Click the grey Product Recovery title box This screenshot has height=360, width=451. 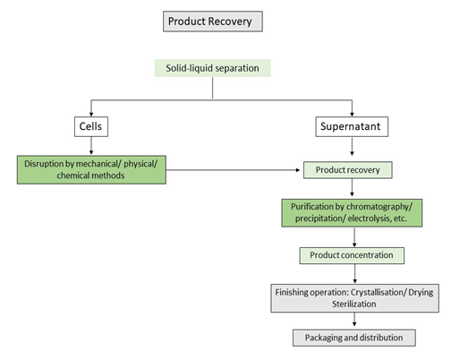pyautogui.click(x=213, y=21)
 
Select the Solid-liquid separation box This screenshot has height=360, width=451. pyautogui.click(x=212, y=68)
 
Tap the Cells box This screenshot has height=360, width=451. pyautogui.click(x=91, y=126)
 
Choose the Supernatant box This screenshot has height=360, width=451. pyautogui.click(x=352, y=126)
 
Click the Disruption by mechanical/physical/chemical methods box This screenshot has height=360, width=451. pyautogui.click(x=91, y=169)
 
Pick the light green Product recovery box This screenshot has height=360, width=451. pyautogui.click(x=348, y=170)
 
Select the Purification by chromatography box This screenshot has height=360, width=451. pyautogui.click(x=352, y=213)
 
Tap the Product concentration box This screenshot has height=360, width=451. pyautogui.click(x=352, y=255)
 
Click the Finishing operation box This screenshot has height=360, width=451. pyautogui.click(x=355, y=298)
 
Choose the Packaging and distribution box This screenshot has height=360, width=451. pyautogui.click(x=354, y=338)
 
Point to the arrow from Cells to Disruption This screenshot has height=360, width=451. pyautogui.click(x=91, y=146)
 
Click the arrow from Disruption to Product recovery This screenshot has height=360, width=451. pyautogui.click(x=233, y=170)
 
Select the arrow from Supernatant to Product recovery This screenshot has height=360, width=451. pyautogui.click(x=352, y=146)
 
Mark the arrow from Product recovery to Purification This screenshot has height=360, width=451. pyautogui.click(x=352, y=187)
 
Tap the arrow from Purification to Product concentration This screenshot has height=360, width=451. pyautogui.click(x=354, y=237)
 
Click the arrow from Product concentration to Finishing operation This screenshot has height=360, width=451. pyautogui.click(x=354, y=274)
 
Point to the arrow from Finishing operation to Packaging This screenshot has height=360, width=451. pyautogui.click(x=354, y=320)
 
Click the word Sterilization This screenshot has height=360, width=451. pyautogui.click(x=354, y=304)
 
